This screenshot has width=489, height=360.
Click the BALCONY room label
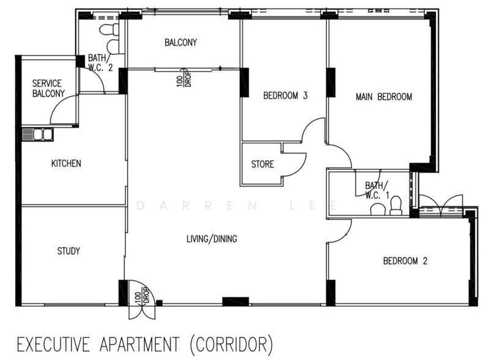(x=181, y=42)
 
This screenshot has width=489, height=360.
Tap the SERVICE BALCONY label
(x=48, y=88)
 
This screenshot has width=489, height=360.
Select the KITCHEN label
(x=66, y=163)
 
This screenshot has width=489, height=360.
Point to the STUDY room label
(x=68, y=251)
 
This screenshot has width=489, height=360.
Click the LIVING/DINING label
(x=211, y=239)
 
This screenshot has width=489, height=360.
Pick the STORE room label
(x=263, y=164)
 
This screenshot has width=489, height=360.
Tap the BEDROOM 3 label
(x=285, y=95)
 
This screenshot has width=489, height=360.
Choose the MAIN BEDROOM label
(x=384, y=97)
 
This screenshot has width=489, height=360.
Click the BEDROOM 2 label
(x=405, y=261)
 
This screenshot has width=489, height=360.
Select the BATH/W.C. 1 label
(x=377, y=190)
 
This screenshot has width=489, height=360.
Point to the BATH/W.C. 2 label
(x=100, y=62)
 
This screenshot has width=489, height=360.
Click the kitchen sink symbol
(x=38, y=134)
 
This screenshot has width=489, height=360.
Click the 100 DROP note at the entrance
(x=142, y=297)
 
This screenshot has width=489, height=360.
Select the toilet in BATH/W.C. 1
(x=396, y=205)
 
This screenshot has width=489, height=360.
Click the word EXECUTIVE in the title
(x=53, y=344)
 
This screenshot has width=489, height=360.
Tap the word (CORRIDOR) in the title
(x=231, y=345)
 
